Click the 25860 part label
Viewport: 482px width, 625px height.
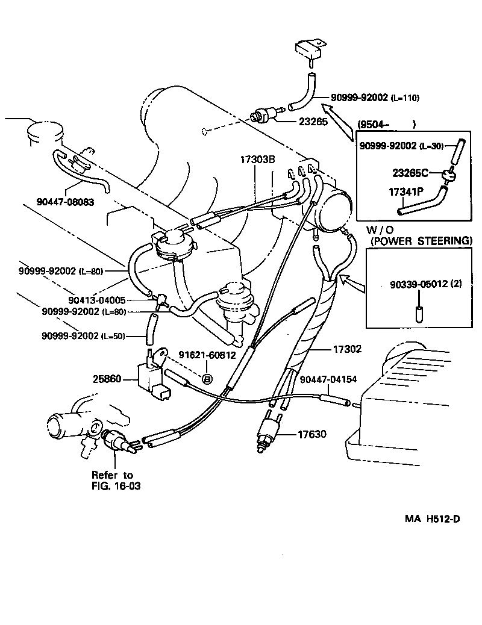click(x=107, y=379)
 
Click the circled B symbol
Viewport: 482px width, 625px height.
click(x=207, y=379)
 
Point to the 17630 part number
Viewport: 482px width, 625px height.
click(x=311, y=433)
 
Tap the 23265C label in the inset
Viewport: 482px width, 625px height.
click(x=410, y=173)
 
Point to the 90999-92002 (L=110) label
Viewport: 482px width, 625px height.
click(x=374, y=98)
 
